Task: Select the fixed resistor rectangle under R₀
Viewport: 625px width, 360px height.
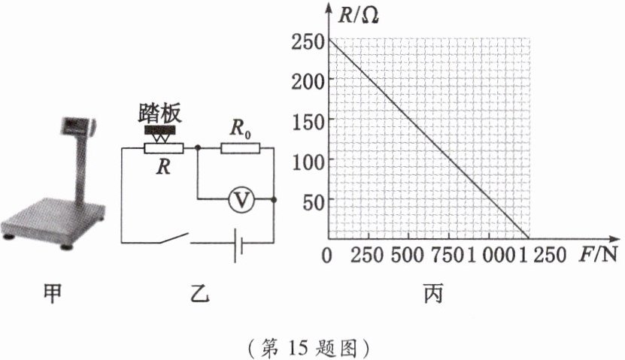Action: (x=240, y=148)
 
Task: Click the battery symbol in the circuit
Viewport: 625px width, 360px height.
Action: (x=237, y=243)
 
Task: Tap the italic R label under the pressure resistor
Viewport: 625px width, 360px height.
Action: (x=162, y=168)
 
